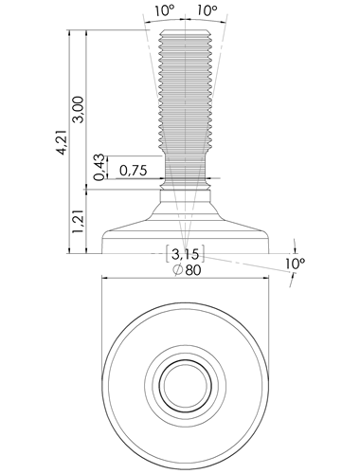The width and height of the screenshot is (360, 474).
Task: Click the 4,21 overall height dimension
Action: [x=63, y=142]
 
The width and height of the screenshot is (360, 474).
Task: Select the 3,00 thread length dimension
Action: [x=79, y=109]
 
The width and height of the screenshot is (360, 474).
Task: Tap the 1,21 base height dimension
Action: [x=78, y=222]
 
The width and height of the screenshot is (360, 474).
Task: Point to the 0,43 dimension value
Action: [x=99, y=167]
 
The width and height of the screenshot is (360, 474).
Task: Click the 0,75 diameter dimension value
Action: [x=134, y=171]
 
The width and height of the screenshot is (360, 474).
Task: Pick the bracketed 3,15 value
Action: [x=186, y=253]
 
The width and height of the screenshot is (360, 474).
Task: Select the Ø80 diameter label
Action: [x=187, y=270]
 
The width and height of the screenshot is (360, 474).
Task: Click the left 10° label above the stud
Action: [x=165, y=11]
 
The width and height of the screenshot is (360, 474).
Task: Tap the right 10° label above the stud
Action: [x=207, y=11]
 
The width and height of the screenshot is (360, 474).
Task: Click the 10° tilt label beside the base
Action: [x=295, y=264]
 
